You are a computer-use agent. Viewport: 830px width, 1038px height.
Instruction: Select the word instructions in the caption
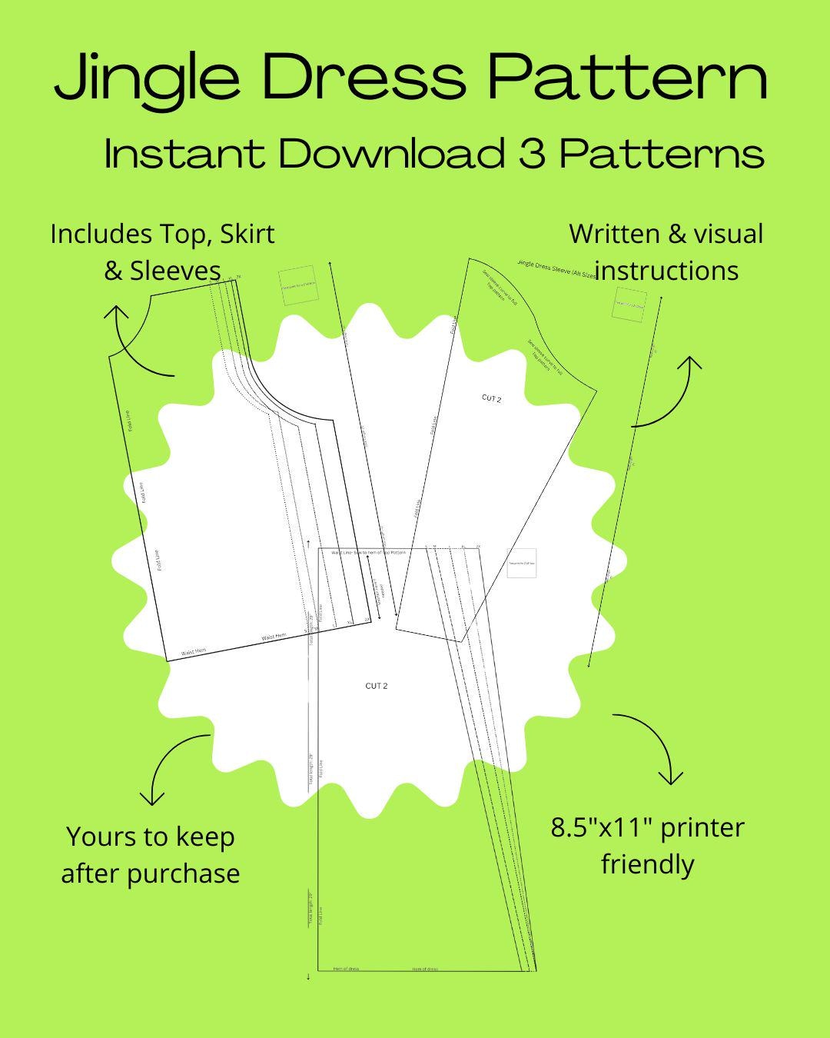coord(667,271)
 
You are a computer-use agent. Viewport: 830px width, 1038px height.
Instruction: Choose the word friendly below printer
coord(647,864)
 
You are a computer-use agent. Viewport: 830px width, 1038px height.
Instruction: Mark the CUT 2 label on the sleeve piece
coord(491,398)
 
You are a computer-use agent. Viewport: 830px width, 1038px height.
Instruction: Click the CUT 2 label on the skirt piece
coord(377,685)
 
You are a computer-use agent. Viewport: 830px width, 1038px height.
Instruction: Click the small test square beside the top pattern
coord(297,285)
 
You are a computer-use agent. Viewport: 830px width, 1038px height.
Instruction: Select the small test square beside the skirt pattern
coord(522,563)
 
